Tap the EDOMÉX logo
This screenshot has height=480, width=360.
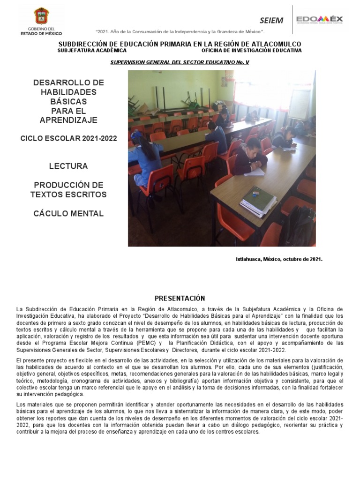319,20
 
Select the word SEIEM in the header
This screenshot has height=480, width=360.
271,21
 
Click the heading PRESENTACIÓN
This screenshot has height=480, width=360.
180,298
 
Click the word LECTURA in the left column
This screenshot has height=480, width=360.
68,166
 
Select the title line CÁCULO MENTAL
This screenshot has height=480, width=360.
68,214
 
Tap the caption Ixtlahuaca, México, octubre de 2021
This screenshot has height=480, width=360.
279,259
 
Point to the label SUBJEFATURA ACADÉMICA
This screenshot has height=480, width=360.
92,50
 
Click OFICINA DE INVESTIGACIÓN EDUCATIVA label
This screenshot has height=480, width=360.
252,50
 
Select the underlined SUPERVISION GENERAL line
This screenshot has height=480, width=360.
180,62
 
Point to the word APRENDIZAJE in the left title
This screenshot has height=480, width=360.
68,120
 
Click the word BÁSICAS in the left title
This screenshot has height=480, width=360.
68,101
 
